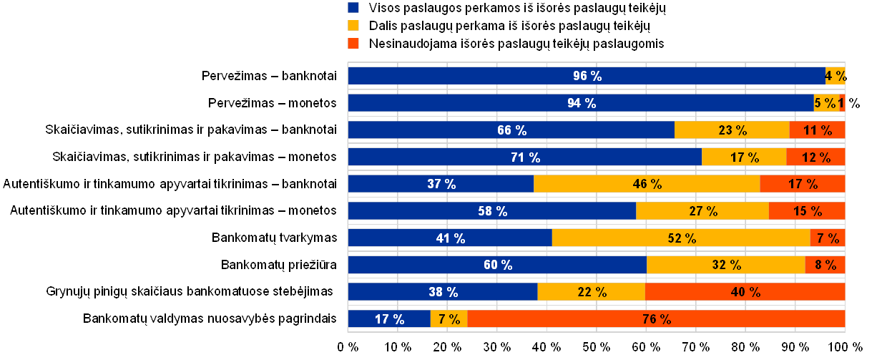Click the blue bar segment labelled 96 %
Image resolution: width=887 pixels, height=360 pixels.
[x=587, y=76]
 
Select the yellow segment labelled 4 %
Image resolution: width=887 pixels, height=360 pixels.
[x=835, y=76]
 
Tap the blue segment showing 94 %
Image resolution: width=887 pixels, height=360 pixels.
[x=581, y=103]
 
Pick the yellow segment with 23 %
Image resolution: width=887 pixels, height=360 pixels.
[x=732, y=130]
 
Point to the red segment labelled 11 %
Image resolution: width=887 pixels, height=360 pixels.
[x=817, y=130]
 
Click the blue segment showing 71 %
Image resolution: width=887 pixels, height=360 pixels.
[x=525, y=157]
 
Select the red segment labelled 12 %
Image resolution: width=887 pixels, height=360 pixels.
[x=815, y=157]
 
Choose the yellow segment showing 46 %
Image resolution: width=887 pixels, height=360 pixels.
[x=647, y=184]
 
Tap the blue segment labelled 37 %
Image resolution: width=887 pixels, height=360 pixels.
[x=441, y=184]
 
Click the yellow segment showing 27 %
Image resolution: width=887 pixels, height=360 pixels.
[x=702, y=211]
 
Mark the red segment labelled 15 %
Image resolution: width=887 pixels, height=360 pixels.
[x=807, y=211]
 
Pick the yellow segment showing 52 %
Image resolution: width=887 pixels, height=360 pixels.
[x=681, y=238]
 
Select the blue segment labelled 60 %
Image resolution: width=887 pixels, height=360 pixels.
[x=497, y=265]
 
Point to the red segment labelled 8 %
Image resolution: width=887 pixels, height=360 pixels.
[x=825, y=265]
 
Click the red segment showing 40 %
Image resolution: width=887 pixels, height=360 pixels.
[x=745, y=292]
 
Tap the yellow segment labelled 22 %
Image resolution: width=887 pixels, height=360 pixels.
[x=592, y=292]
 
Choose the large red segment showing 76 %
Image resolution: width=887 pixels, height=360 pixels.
[x=656, y=319]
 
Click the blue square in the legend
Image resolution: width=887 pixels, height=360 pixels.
[x=353, y=8]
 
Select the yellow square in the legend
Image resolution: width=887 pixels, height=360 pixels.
[x=353, y=26]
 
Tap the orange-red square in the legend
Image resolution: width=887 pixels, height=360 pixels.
[x=353, y=44]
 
